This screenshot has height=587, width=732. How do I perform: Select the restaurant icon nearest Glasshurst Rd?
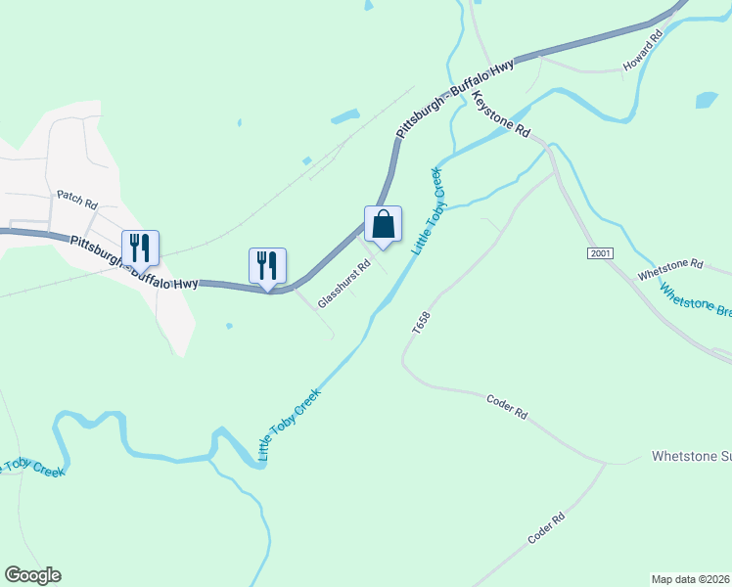(x=267, y=265)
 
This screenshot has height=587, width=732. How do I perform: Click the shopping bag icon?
(x=383, y=224)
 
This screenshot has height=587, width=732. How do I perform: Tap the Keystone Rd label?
(x=501, y=115)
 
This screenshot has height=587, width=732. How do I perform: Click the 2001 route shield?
(x=601, y=253)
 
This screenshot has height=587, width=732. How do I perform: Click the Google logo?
(x=32, y=575)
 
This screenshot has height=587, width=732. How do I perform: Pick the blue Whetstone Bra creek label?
(x=696, y=300)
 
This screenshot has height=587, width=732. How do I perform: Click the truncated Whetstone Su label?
(x=691, y=457)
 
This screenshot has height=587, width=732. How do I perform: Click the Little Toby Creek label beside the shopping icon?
(x=427, y=211)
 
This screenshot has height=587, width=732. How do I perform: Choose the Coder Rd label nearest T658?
(x=507, y=406)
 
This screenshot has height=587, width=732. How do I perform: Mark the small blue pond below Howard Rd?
(x=707, y=100)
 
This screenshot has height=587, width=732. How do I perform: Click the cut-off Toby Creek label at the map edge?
(x=32, y=468)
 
